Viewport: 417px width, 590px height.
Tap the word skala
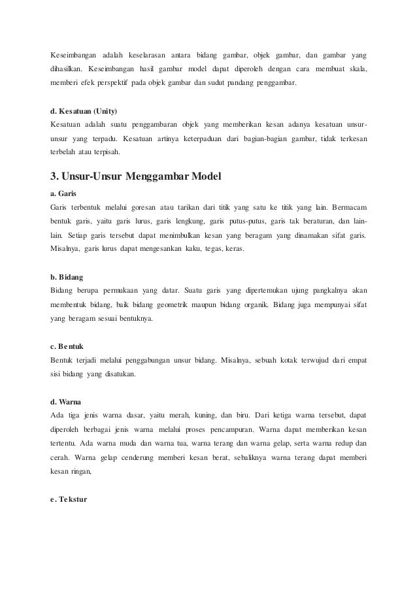[x=356, y=69]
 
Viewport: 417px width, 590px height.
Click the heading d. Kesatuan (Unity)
[x=84, y=111]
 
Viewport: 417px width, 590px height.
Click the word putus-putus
[x=250, y=222]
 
